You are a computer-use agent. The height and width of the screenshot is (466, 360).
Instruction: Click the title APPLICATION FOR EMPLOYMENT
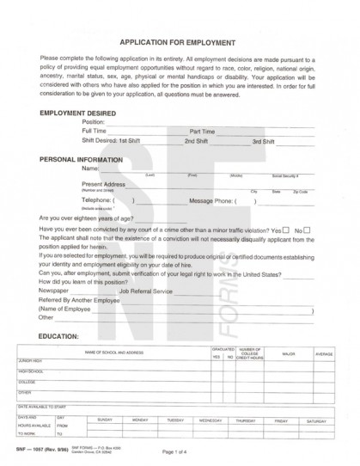pyautogui.click(x=179, y=40)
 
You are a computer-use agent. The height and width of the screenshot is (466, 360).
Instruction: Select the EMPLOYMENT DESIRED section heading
pyautogui.click(x=79, y=113)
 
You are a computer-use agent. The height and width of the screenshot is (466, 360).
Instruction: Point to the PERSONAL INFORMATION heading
pyautogui.click(x=82, y=160)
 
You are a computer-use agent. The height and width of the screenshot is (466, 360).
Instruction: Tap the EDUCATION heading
pyautogui.click(x=60, y=334)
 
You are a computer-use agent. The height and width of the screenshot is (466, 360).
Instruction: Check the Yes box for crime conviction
pyautogui.click(x=284, y=230)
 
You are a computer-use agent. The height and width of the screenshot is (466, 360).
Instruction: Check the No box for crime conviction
pyautogui.click(x=307, y=230)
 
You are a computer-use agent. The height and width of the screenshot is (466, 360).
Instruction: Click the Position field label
pyautogui.click(x=93, y=122)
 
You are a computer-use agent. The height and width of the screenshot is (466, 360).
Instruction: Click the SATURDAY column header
pyautogui.click(x=315, y=420)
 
